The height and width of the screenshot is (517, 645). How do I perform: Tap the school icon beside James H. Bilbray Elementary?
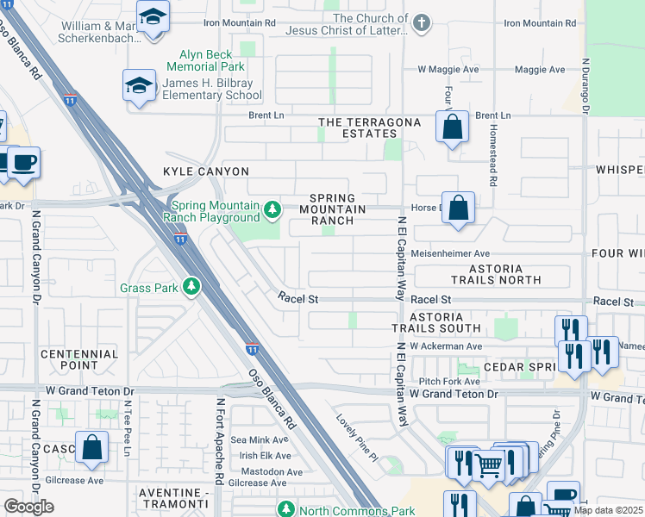[139, 86]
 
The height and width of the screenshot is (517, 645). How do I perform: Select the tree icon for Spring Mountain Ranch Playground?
[272, 209]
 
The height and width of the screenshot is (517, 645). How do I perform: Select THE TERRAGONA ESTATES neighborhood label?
[370, 128]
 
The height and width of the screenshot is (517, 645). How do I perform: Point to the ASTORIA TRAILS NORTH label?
[496, 273]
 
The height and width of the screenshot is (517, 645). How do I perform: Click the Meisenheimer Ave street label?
[449, 253]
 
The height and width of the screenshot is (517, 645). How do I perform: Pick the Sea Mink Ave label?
[265, 439]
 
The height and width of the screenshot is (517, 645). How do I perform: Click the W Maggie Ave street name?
[448, 69]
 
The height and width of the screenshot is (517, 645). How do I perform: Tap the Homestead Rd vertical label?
[494, 154]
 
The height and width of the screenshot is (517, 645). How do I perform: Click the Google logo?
[28, 507]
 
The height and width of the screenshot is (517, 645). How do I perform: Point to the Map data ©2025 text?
[607, 510]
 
